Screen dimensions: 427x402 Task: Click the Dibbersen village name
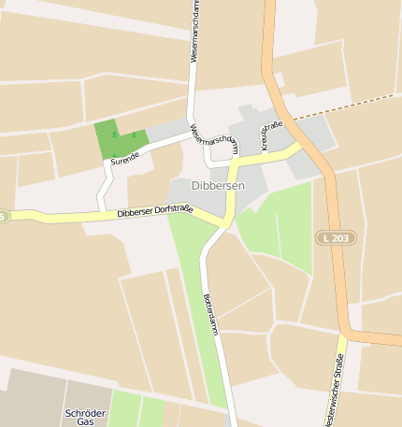(x=218, y=186)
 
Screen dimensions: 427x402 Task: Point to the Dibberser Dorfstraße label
(x=155, y=212)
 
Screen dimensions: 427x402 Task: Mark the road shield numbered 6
(x=3, y=217)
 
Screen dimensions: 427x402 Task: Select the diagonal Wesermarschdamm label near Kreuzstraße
(x=214, y=139)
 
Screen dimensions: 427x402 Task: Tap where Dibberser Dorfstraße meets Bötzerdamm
(x=225, y=223)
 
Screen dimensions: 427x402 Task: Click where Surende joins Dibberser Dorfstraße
(x=104, y=211)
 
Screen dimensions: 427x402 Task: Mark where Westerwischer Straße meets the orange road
(x=343, y=334)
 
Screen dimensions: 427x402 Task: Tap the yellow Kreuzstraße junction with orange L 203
(x=300, y=146)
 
